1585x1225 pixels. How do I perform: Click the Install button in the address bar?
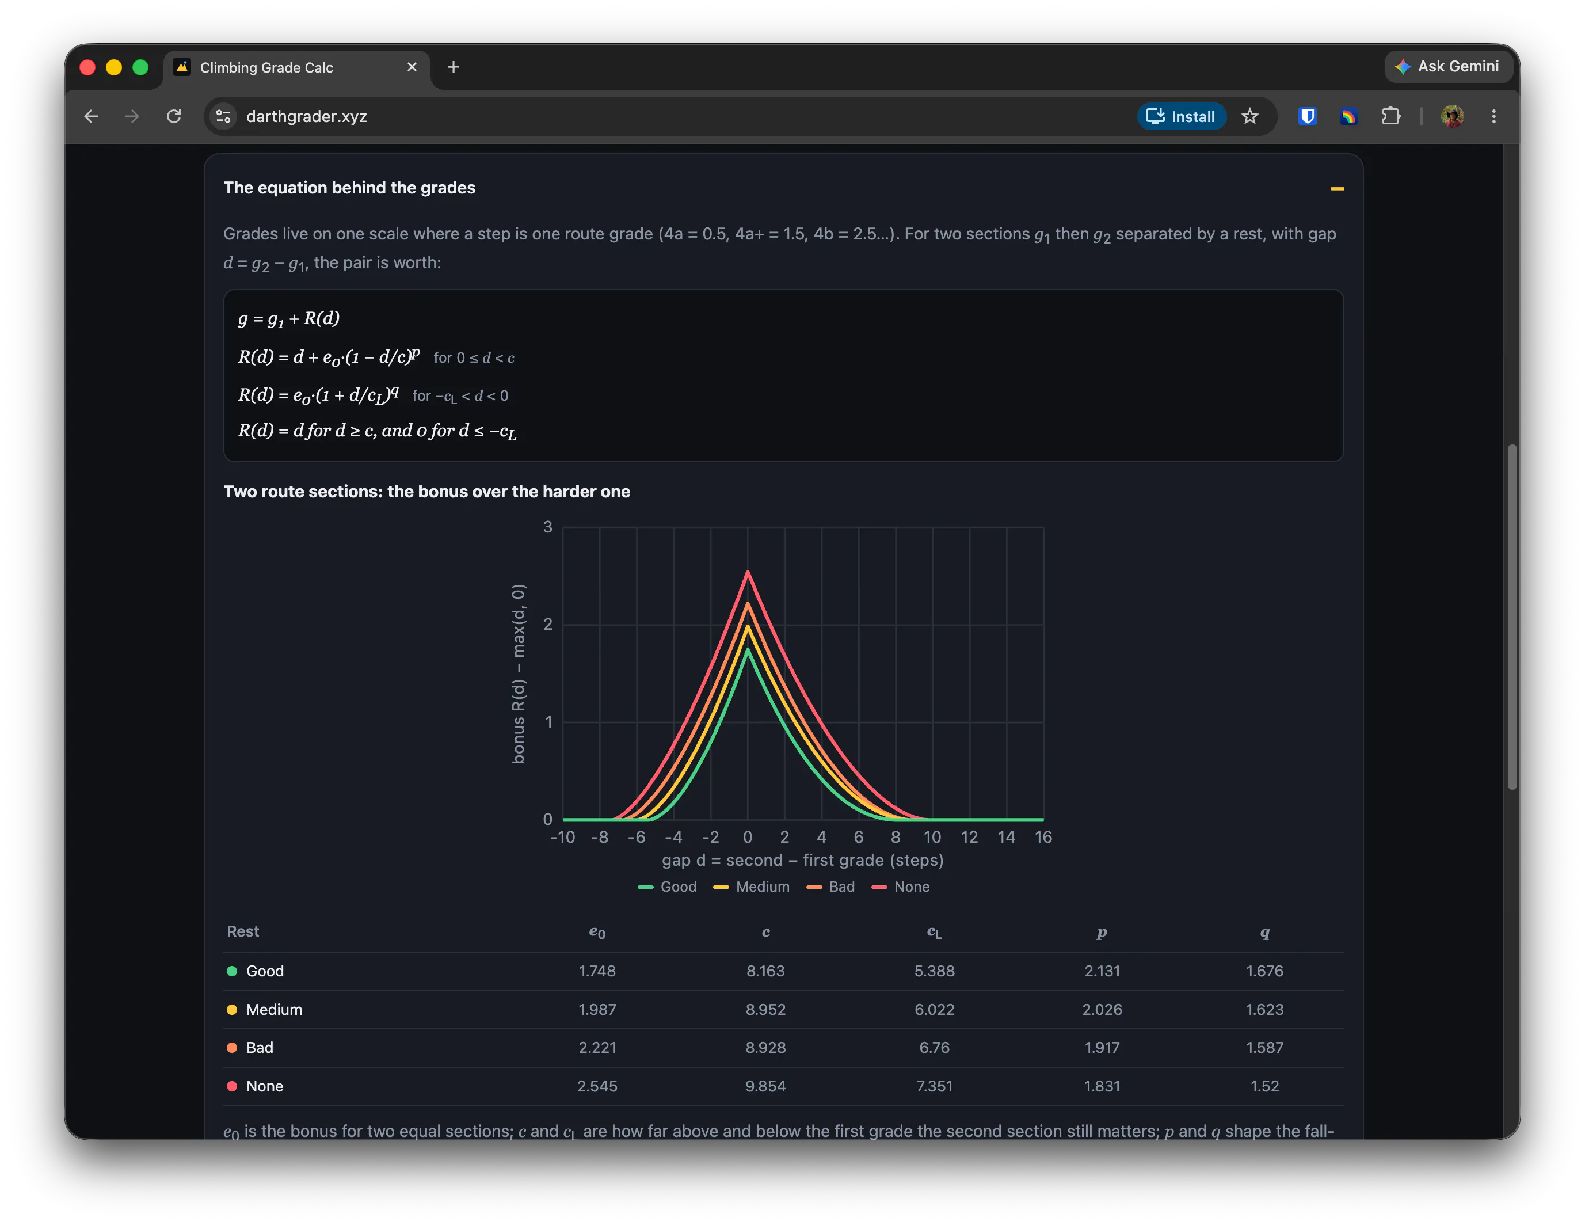point(1181,116)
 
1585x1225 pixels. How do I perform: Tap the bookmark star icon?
point(1249,116)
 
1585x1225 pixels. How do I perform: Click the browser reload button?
point(173,116)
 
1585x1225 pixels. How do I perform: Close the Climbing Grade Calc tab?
point(412,67)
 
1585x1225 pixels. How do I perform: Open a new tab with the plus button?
point(454,67)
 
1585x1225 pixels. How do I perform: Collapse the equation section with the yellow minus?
point(1338,189)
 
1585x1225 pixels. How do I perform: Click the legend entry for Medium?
point(751,887)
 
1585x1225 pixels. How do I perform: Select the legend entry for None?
point(900,887)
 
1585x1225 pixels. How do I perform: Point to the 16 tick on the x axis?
point(1043,838)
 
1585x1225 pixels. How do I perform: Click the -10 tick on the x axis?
point(562,838)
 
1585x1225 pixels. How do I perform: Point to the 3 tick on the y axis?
point(548,527)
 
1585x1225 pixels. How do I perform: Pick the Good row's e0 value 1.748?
point(597,971)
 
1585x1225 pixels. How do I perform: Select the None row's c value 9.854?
point(765,1086)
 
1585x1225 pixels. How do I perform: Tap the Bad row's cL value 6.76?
point(934,1048)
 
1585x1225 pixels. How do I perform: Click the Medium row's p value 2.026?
point(1102,1010)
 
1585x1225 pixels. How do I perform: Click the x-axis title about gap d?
point(803,861)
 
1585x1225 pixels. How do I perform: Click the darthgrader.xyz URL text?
point(306,116)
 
